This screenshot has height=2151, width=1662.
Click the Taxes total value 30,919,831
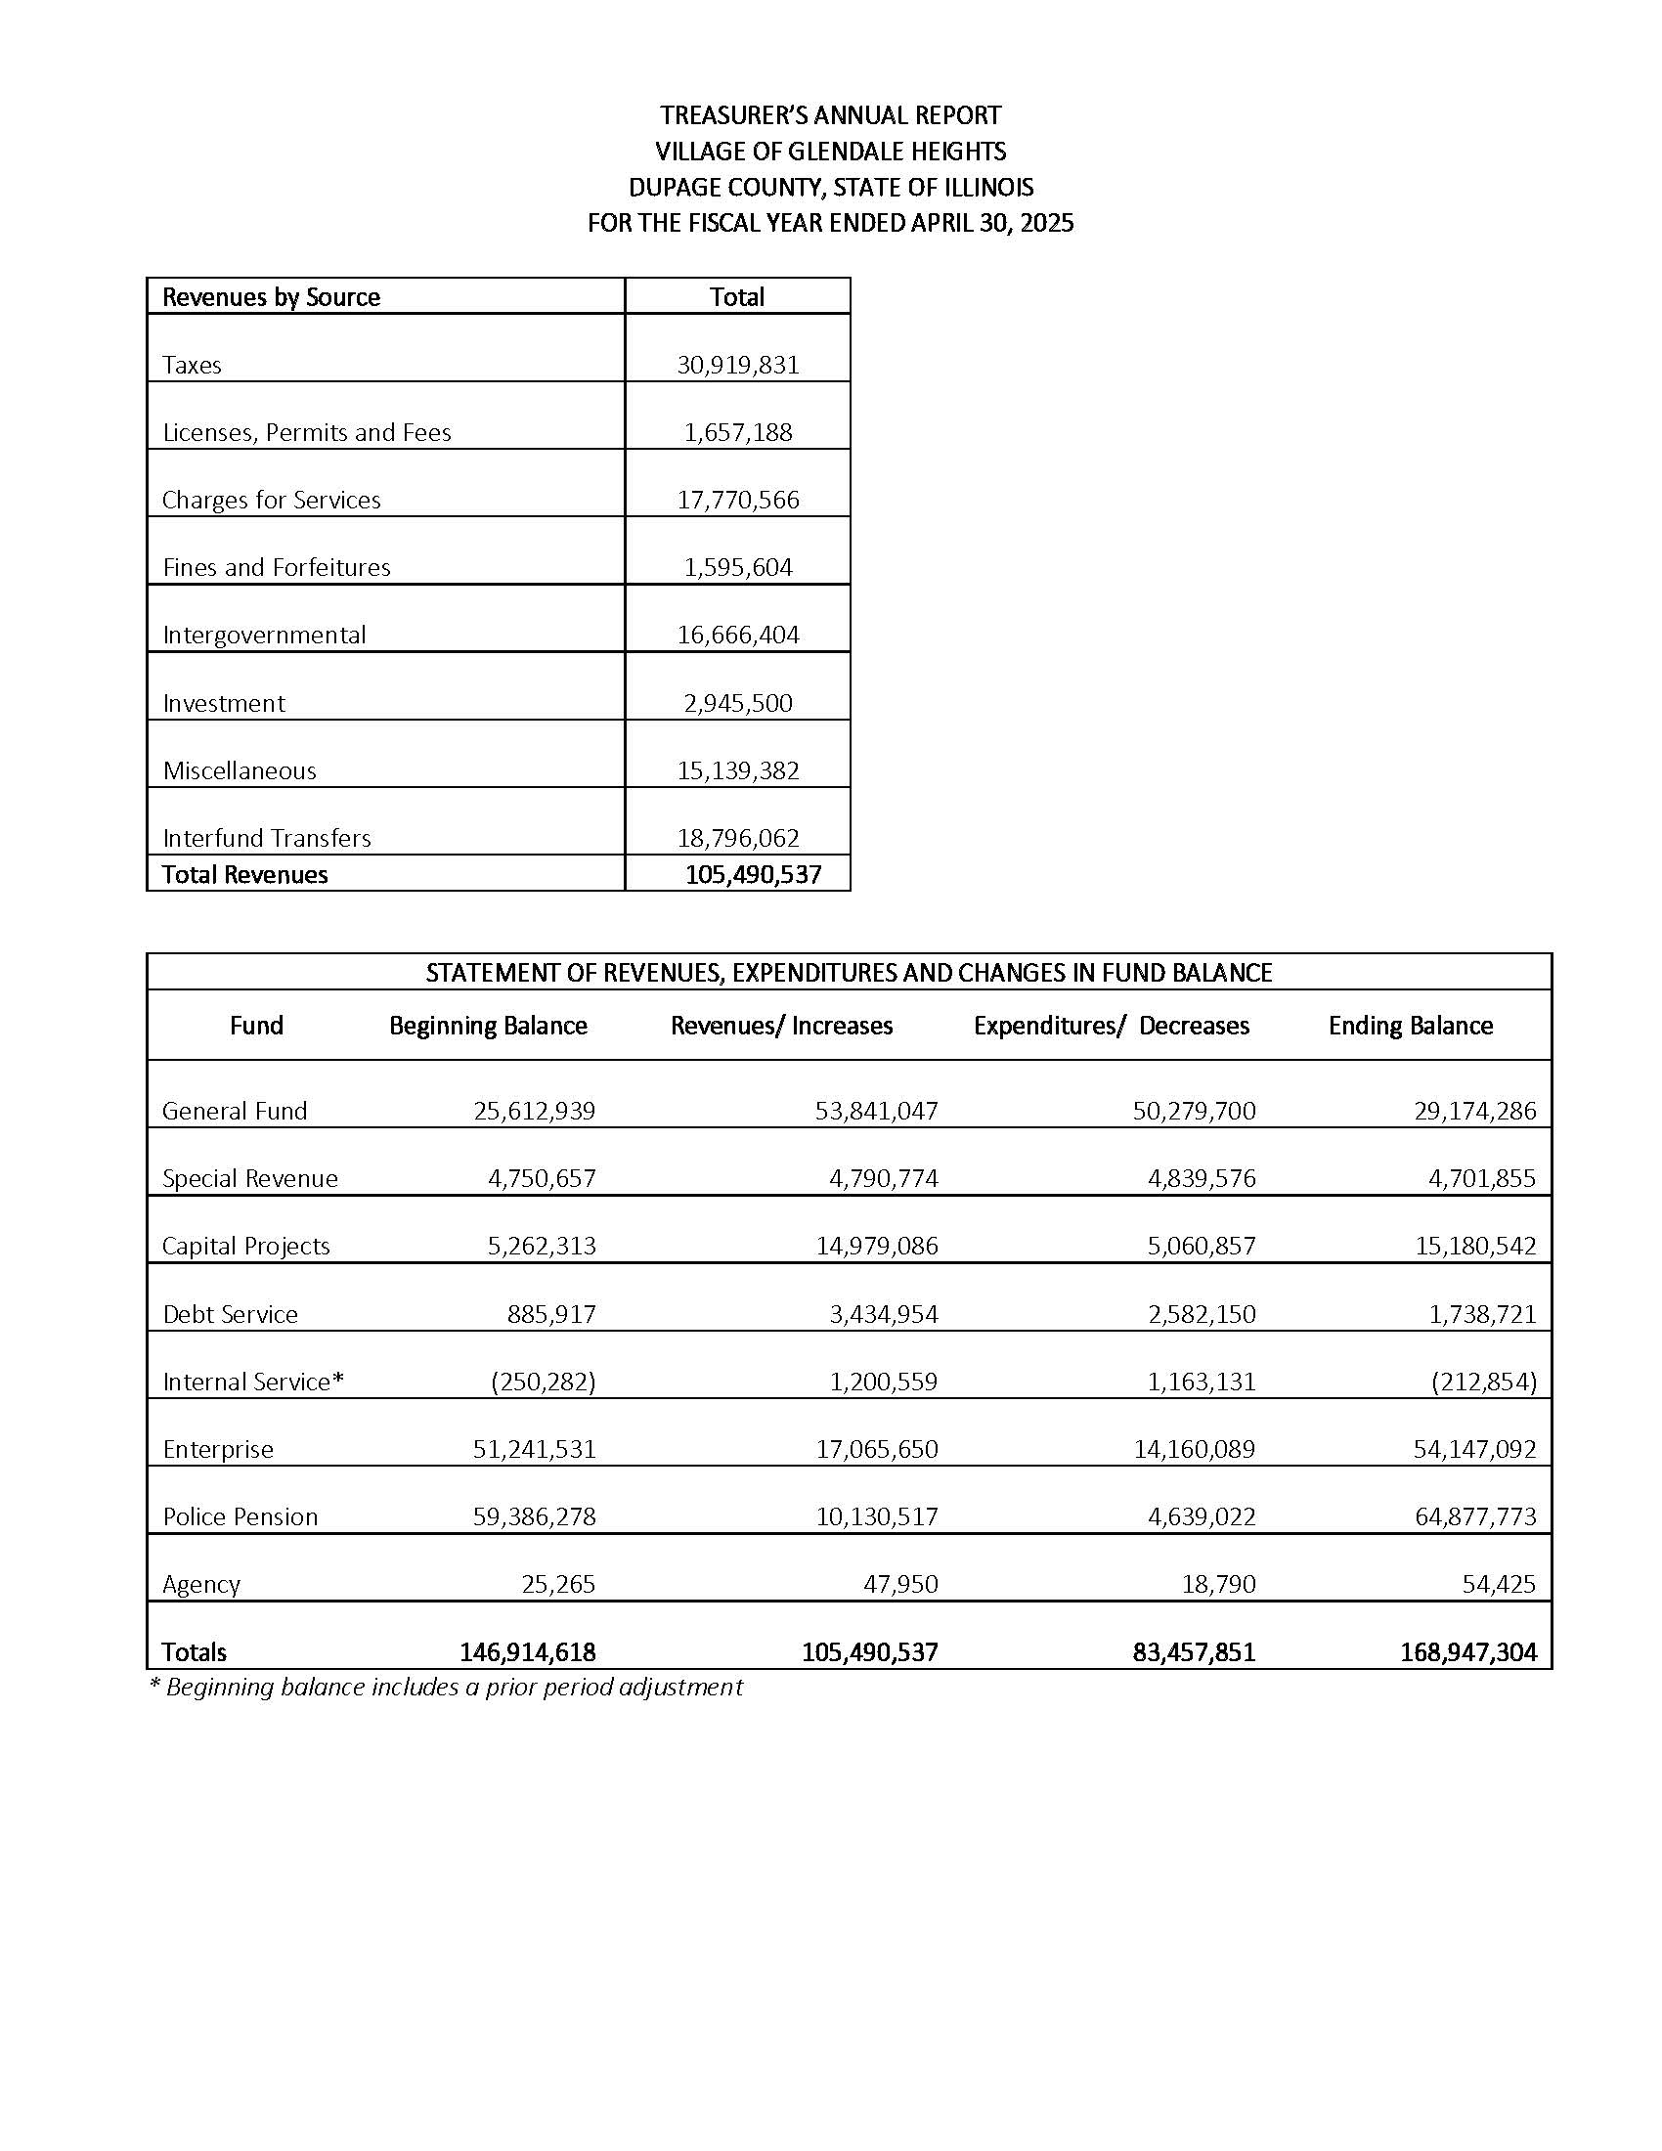(737, 366)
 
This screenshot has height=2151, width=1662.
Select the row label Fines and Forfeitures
(276, 567)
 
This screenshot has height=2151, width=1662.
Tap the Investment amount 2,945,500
(737, 703)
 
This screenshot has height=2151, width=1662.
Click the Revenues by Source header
(271, 297)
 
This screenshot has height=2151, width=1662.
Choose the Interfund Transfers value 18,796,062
(737, 838)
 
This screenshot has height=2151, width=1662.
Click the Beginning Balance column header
(488, 1026)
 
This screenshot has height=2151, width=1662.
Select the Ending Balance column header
(1410, 1026)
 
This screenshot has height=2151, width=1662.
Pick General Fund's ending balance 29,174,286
(1474, 1111)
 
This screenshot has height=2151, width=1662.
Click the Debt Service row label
(230, 1314)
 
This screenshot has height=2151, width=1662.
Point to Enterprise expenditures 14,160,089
(1194, 1449)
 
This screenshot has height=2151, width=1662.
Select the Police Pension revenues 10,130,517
(876, 1516)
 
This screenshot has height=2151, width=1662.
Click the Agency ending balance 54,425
(1499, 1584)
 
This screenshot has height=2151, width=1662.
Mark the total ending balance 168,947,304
(1467, 1651)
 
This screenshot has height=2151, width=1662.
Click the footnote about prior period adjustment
(446, 1688)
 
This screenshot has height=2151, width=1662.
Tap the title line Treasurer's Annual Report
(830, 115)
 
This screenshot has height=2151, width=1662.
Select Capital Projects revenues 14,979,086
(876, 1246)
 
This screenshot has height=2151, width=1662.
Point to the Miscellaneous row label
(240, 770)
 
